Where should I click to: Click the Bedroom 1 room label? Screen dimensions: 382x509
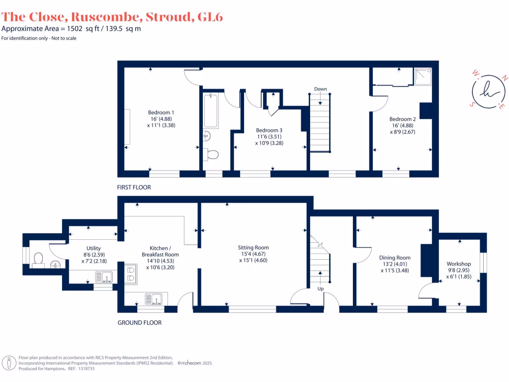[x=161, y=112]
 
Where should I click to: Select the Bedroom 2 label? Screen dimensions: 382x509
[x=402, y=119]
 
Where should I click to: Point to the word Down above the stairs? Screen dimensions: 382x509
[x=320, y=89]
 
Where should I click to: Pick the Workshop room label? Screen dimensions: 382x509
[x=458, y=264]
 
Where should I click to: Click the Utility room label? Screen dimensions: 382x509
[x=93, y=248]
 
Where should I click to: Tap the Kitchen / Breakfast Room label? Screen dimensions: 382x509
[x=161, y=251]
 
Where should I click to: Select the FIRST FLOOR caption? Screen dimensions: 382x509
[x=134, y=188]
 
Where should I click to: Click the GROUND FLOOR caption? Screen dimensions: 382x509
[x=139, y=323]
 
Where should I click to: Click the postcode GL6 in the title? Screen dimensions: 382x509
[x=210, y=16]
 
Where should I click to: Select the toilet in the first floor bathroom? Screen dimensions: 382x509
[x=212, y=154]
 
